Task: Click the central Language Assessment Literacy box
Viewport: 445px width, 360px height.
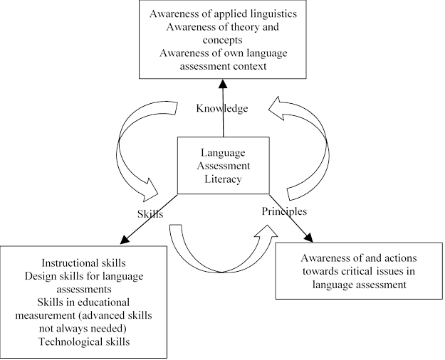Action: click(222, 166)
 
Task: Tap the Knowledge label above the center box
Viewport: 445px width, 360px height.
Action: click(223, 108)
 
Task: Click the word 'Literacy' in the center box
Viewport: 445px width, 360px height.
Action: click(223, 179)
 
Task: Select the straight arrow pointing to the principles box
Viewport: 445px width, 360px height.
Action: click(292, 221)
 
